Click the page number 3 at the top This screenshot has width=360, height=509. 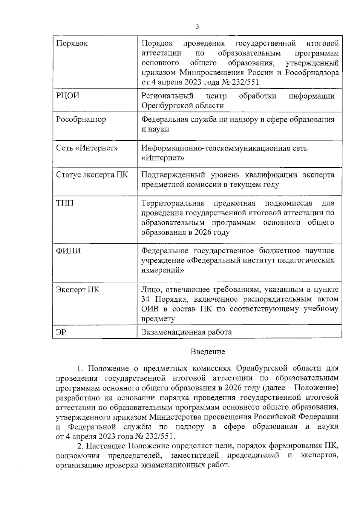197,27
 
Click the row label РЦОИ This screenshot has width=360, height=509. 68,96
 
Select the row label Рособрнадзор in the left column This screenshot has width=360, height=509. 81,119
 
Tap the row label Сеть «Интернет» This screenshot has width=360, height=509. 87,148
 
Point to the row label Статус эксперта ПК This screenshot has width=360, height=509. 92,175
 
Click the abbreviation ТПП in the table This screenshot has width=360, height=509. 64,203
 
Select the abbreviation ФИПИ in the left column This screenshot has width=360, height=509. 68,251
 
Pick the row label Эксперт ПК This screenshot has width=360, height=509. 77,290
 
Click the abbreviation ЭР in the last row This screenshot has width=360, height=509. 61,332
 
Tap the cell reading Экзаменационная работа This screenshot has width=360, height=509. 186,332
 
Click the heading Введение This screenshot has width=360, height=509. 208,352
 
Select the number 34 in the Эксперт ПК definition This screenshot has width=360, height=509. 147,299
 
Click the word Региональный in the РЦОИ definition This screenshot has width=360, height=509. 167,96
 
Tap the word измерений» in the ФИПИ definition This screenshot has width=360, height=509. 162,270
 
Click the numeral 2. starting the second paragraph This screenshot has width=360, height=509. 80,446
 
